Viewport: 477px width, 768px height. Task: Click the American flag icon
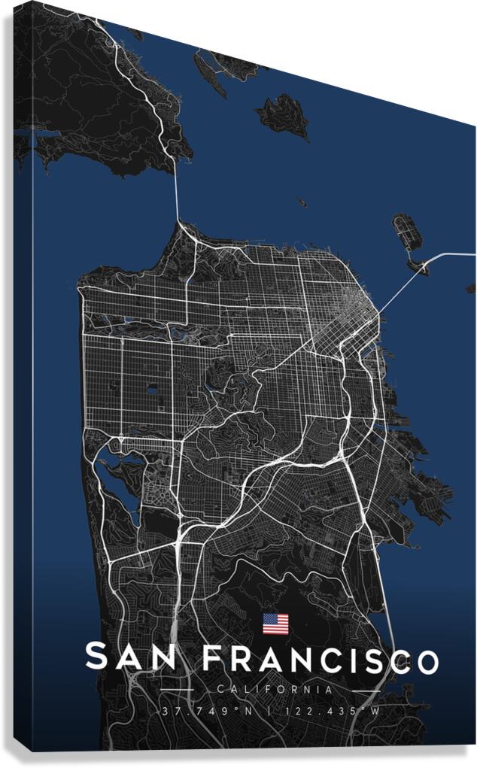275,624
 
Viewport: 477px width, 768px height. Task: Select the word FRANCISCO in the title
321,660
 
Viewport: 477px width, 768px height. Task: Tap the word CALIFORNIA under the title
274,689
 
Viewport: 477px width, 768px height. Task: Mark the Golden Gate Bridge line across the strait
178,196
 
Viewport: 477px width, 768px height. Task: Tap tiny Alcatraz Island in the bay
302,202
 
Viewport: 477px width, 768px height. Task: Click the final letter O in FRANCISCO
427,662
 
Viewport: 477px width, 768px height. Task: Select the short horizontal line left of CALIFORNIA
180,689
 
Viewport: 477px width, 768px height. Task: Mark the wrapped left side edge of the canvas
23,376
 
